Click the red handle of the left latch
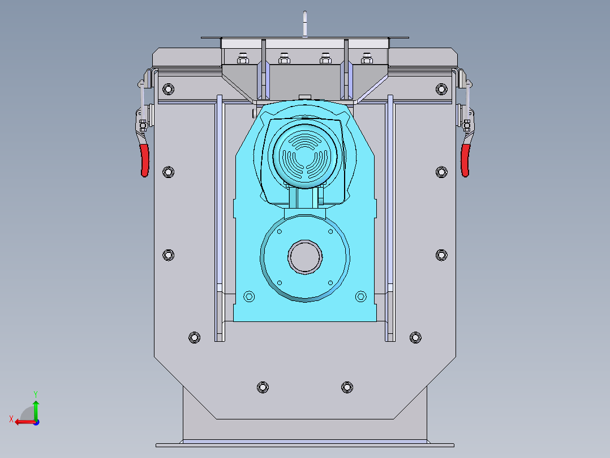[x=145, y=160]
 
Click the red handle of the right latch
[x=465, y=160]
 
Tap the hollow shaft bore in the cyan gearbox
[x=305, y=257]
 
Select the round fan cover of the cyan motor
[x=305, y=155]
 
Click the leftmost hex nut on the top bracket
[x=243, y=58]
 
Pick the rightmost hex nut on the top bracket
[x=367, y=58]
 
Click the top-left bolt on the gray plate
[x=169, y=89]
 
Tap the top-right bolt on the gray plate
[x=441, y=89]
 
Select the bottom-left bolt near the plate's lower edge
[x=263, y=388]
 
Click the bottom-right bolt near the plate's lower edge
[x=347, y=388]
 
